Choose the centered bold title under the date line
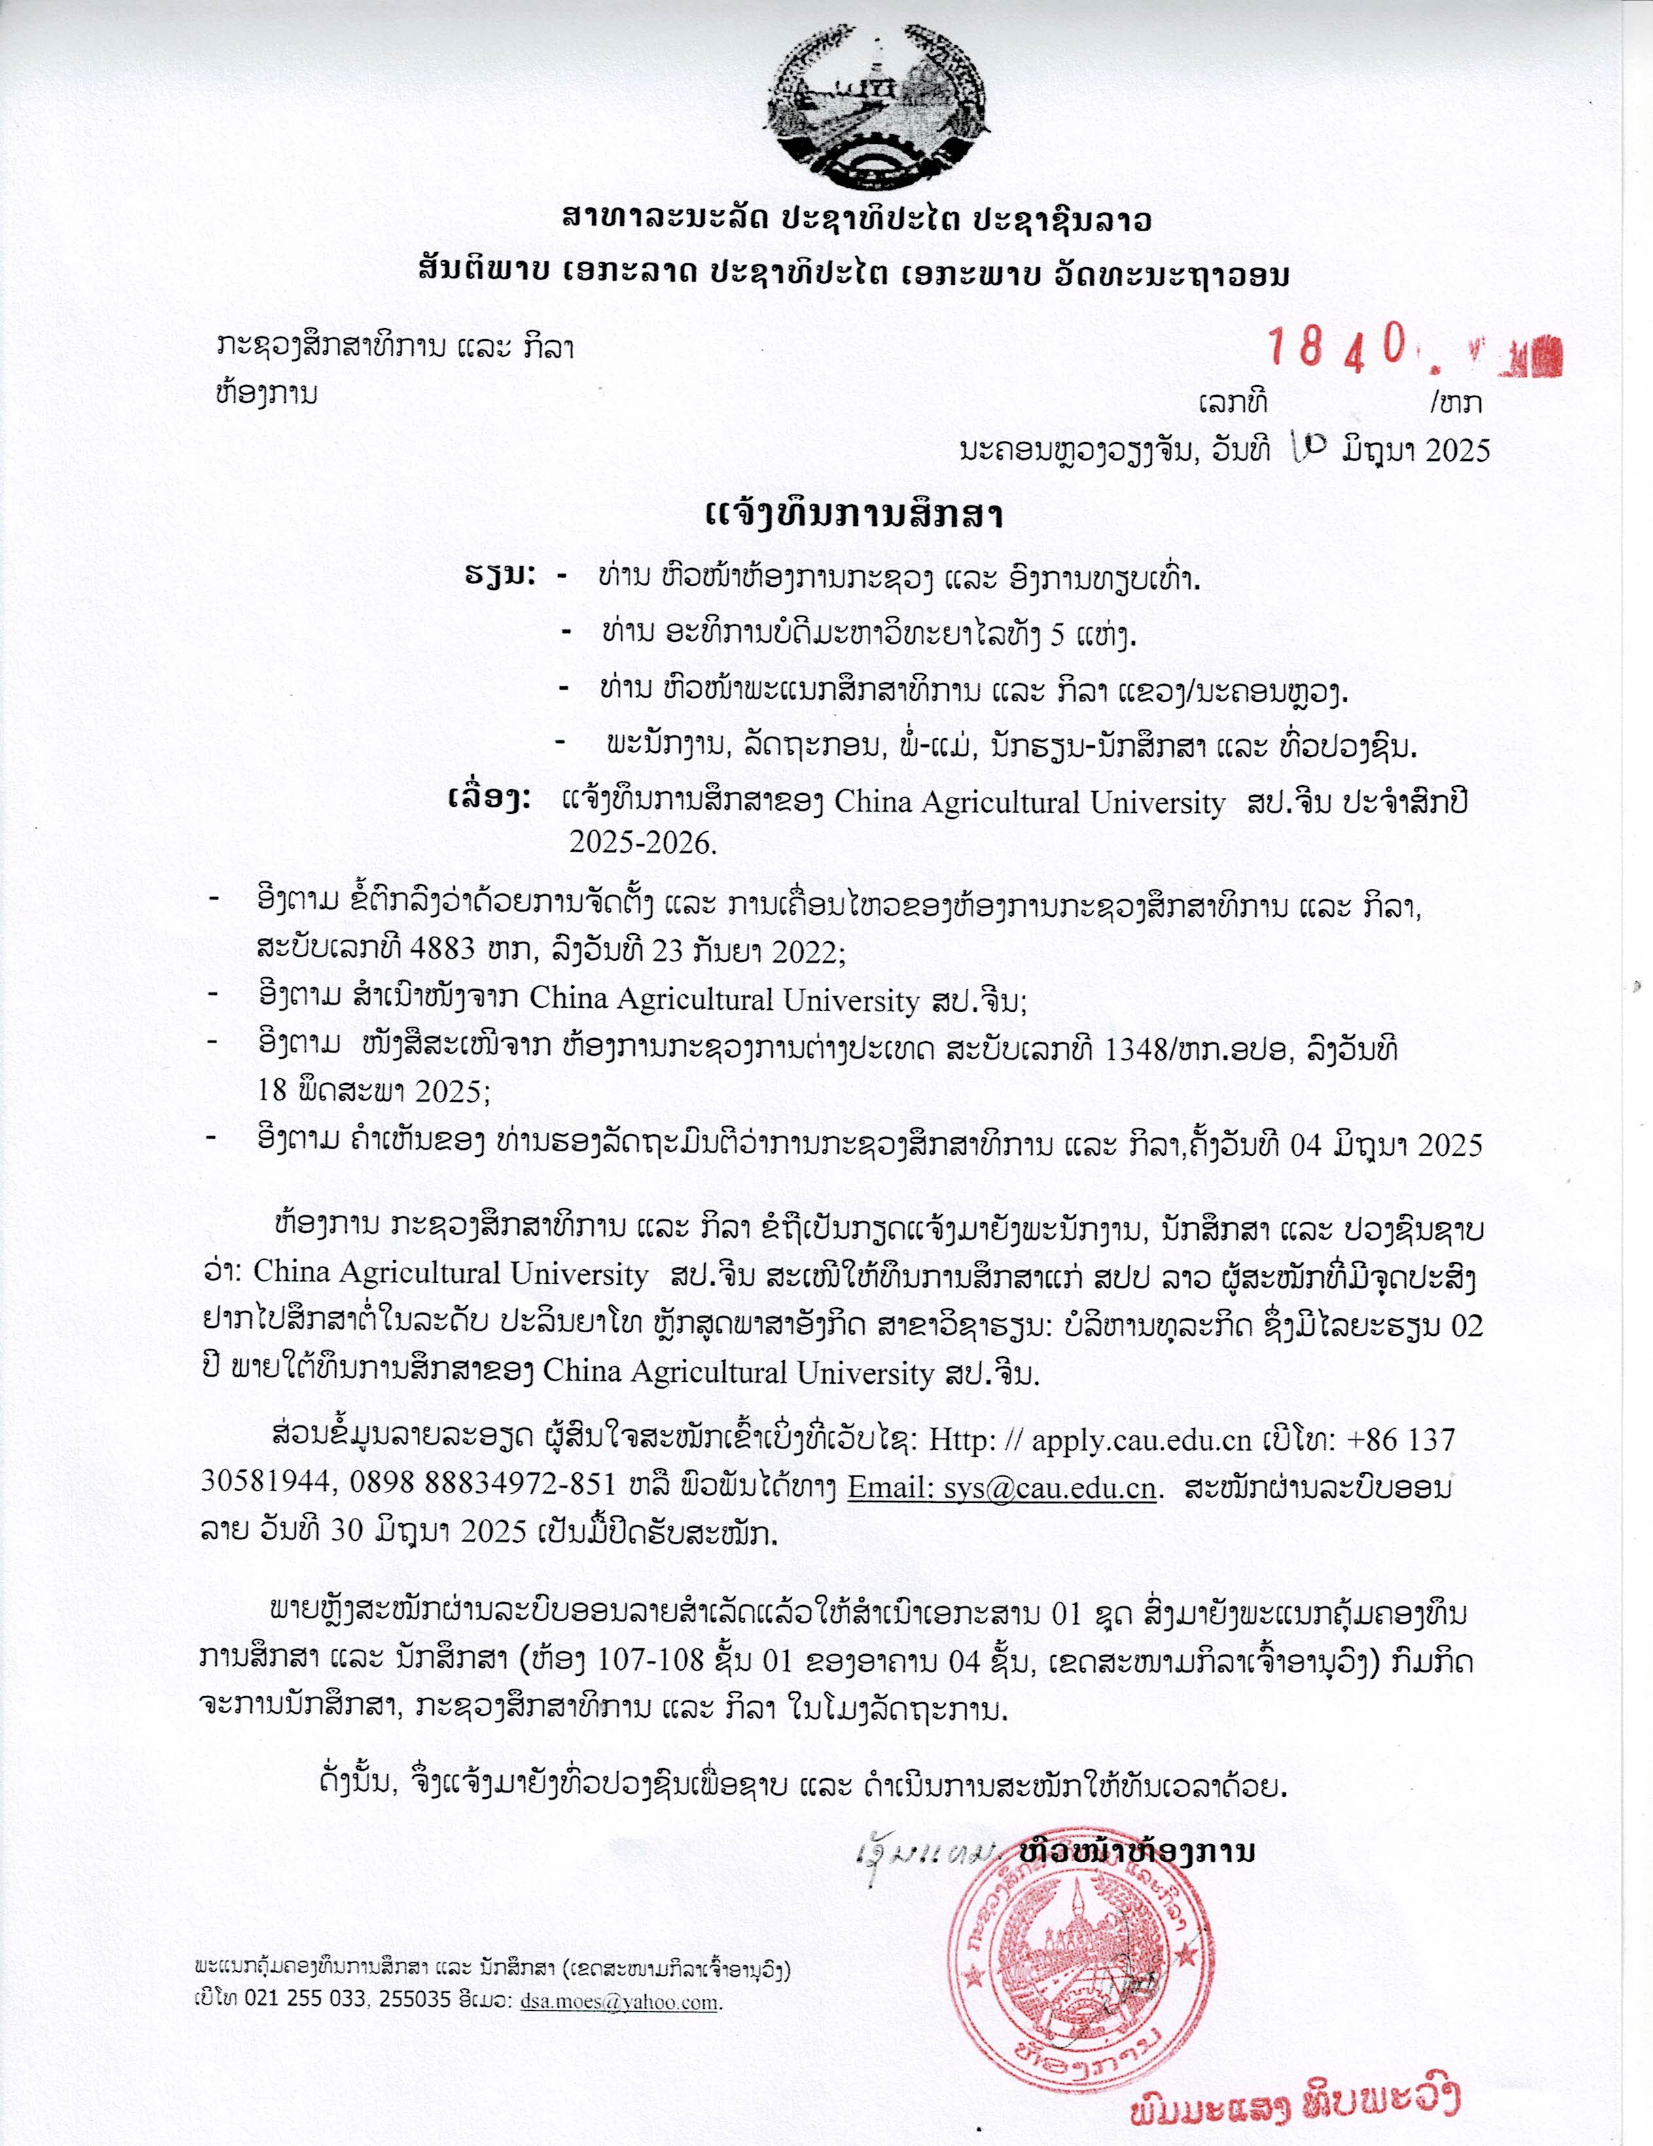[x=853, y=515]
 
